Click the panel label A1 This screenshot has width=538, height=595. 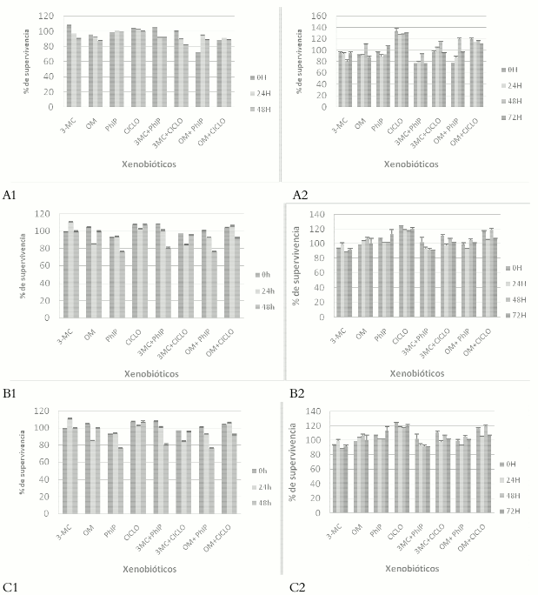point(11,196)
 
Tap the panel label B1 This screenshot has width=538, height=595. point(11,393)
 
